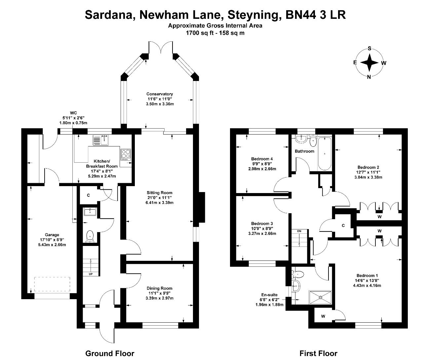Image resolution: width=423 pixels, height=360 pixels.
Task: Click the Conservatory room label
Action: [159, 94]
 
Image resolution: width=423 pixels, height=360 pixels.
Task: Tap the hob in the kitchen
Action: [126, 154]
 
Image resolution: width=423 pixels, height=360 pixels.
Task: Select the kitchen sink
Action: [101, 140]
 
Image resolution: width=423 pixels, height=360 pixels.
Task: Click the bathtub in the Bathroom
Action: [325, 153]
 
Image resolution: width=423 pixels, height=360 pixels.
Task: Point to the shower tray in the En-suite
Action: [320, 298]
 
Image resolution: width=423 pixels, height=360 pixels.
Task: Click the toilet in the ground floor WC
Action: [90, 236]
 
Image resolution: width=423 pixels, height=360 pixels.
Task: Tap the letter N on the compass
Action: [369, 77]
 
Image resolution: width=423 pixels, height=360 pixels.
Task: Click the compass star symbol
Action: [369, 62]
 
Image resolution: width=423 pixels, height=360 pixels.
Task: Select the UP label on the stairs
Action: [91, 274]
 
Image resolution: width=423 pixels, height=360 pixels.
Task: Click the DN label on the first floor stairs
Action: [299, 231]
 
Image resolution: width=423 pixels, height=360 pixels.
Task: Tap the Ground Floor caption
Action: [110, 353]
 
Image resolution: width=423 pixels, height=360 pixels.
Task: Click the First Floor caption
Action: [319, 353]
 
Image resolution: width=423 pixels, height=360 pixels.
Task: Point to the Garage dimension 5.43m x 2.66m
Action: [52, 245]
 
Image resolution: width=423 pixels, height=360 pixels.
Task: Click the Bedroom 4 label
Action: [262, 159]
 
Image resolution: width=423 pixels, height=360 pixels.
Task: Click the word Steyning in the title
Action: [254, 15]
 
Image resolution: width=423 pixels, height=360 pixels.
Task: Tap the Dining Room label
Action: [159, 288]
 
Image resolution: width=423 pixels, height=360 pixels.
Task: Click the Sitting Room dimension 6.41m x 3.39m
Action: [159, 203]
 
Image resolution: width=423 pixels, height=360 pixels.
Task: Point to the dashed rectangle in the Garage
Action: [52, 284]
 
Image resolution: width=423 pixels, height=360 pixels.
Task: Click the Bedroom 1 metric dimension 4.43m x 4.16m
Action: [367, 285]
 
